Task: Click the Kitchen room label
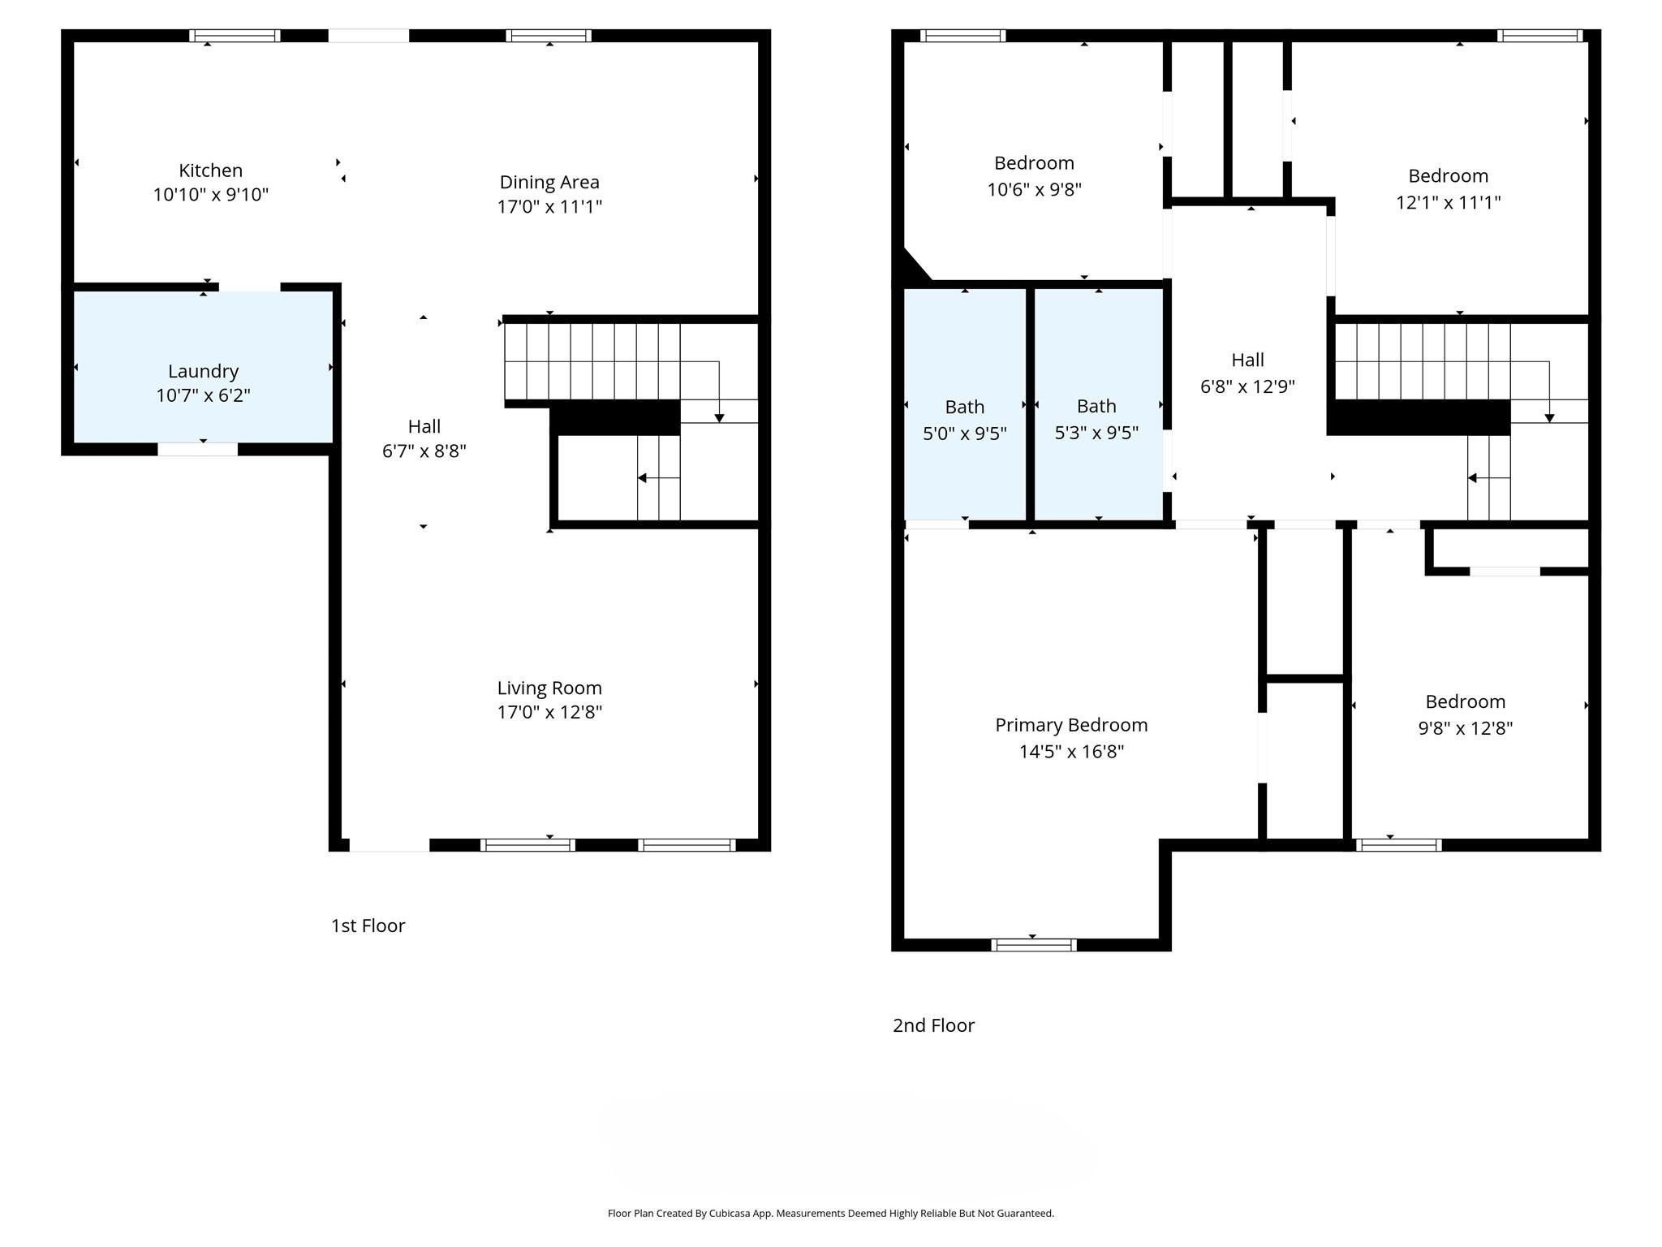(210, 170)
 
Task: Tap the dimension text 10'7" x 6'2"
(203, 395)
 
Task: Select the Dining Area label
(549, 182)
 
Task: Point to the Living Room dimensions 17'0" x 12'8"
(549, 712)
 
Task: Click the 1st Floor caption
(368, 926)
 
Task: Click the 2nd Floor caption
(933, 1025)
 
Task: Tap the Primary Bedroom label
(1071, 725)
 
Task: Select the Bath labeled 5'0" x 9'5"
(964, 407)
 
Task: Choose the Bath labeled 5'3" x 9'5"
(1096, 406)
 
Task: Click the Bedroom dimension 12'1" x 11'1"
(1448, 202)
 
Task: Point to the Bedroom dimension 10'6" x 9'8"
(1034, 189)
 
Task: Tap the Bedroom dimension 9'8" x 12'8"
(1465, 728)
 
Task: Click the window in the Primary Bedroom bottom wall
(1033, 944)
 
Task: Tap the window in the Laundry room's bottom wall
(197, 449)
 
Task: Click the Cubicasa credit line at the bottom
(830, 1213)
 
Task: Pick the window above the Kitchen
(235, 36)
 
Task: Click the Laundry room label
(203, 371)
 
